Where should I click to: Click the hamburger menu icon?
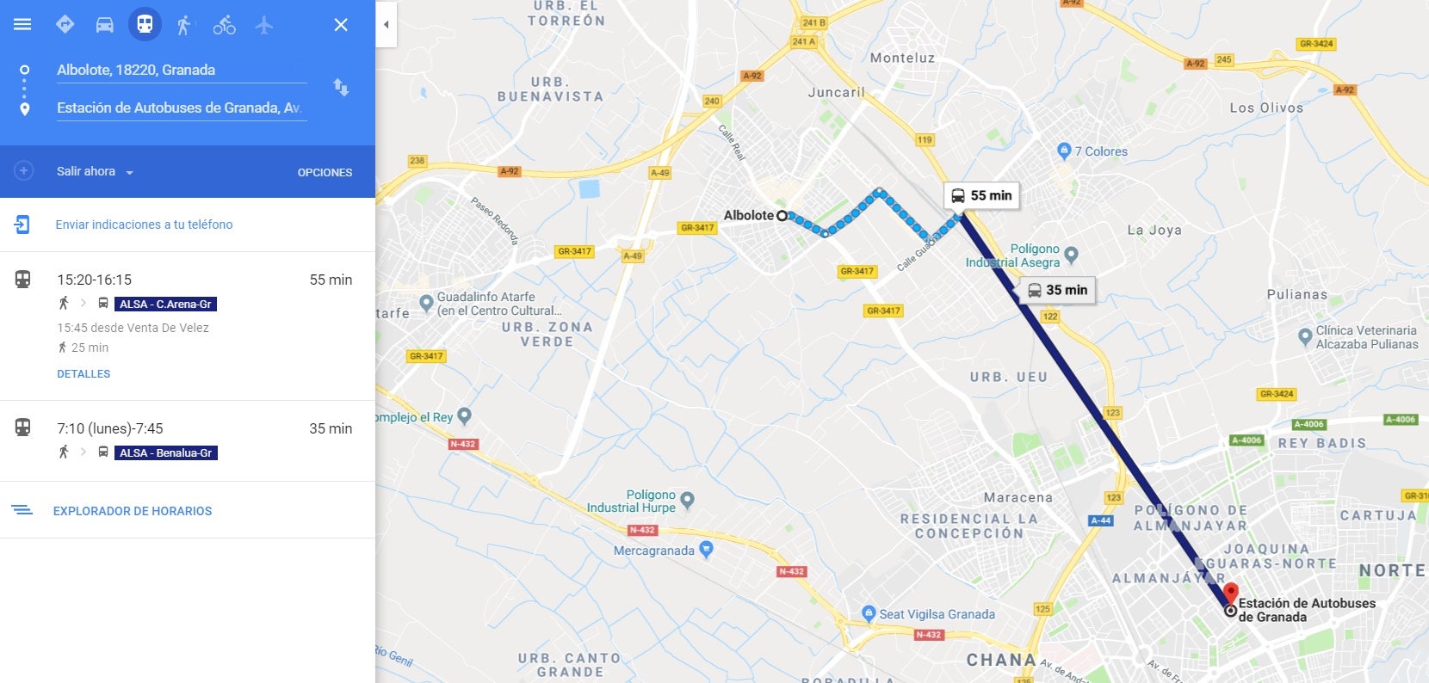(22, 24)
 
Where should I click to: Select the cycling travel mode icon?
(224, 25)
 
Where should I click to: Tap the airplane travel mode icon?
(264, 25)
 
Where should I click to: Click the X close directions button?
(341, 25)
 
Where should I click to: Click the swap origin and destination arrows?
(341, 87)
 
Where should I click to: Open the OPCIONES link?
(325, 172)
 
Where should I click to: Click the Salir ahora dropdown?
(95, 172)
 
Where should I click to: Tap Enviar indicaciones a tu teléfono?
(144, 225)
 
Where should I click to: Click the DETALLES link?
(84, 374)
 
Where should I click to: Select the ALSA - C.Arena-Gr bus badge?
(165, 304)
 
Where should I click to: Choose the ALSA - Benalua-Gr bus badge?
(165, 452)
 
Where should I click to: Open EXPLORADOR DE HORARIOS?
(132, 511)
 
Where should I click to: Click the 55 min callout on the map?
(981, 196)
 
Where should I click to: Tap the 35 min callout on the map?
(1057, 291)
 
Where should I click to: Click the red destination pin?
(1231, 593)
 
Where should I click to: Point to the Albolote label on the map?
(748, 216)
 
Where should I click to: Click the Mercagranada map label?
(654, 551)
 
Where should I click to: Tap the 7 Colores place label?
(1100, 151)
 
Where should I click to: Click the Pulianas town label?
(1296, 295)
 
